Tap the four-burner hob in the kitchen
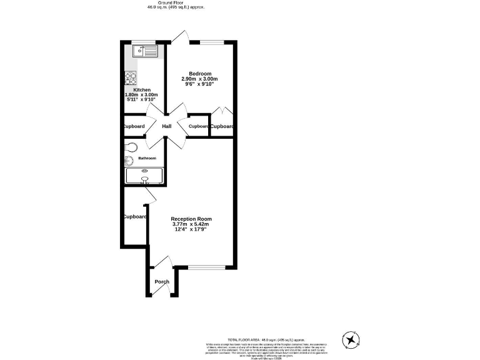coord(131,78)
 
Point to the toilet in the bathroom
coord(129,147)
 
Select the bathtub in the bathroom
coord(144,176)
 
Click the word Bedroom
coord(200,73)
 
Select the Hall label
coord(167,126)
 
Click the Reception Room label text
coord(192,219)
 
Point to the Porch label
coord(162,282)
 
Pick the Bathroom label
coord(147,158)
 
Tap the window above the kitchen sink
coord(139,42)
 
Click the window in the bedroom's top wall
coord(212,42)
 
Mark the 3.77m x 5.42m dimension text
coord(192,224)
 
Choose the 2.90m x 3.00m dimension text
coord(200,79)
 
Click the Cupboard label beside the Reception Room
coord(134,217)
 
